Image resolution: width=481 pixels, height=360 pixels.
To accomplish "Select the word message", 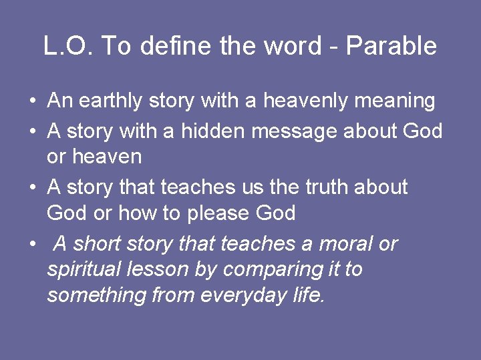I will point(295,131).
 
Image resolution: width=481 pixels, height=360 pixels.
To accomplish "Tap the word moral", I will point(345,244).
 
